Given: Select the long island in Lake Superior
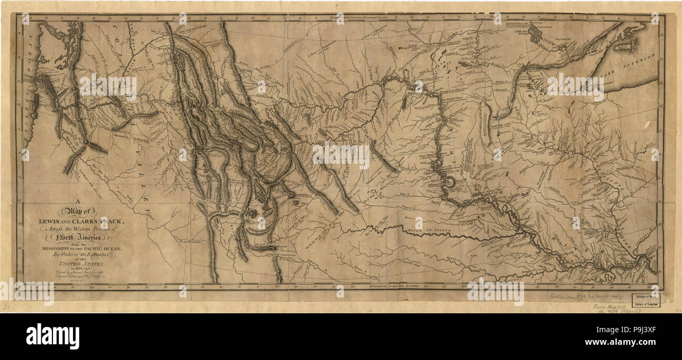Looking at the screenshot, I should (624, 47).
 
